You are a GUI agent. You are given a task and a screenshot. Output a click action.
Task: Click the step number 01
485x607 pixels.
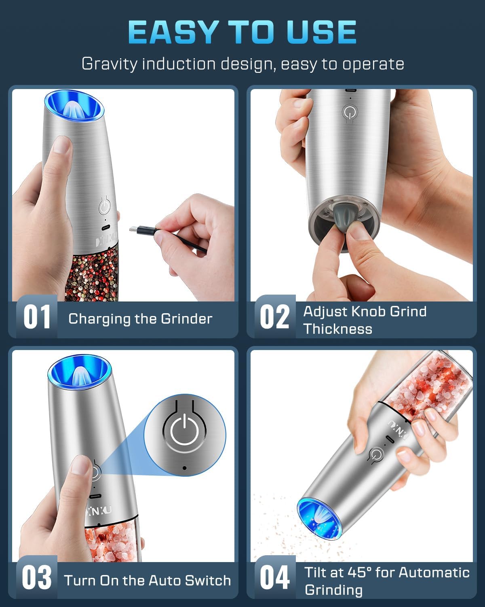click(x=37, y=317)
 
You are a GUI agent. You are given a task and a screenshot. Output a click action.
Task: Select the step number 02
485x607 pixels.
click(x=275, y=317)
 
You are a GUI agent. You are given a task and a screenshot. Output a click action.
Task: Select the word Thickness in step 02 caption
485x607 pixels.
click(x=337, y=329)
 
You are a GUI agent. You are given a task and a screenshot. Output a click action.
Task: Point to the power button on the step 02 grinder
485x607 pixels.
click(x=348, y=112)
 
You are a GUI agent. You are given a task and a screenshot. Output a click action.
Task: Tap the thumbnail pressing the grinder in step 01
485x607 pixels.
click(x=62, y=144)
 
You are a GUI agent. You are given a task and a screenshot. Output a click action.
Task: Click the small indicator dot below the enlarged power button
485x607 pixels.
click(x=185, y=468)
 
